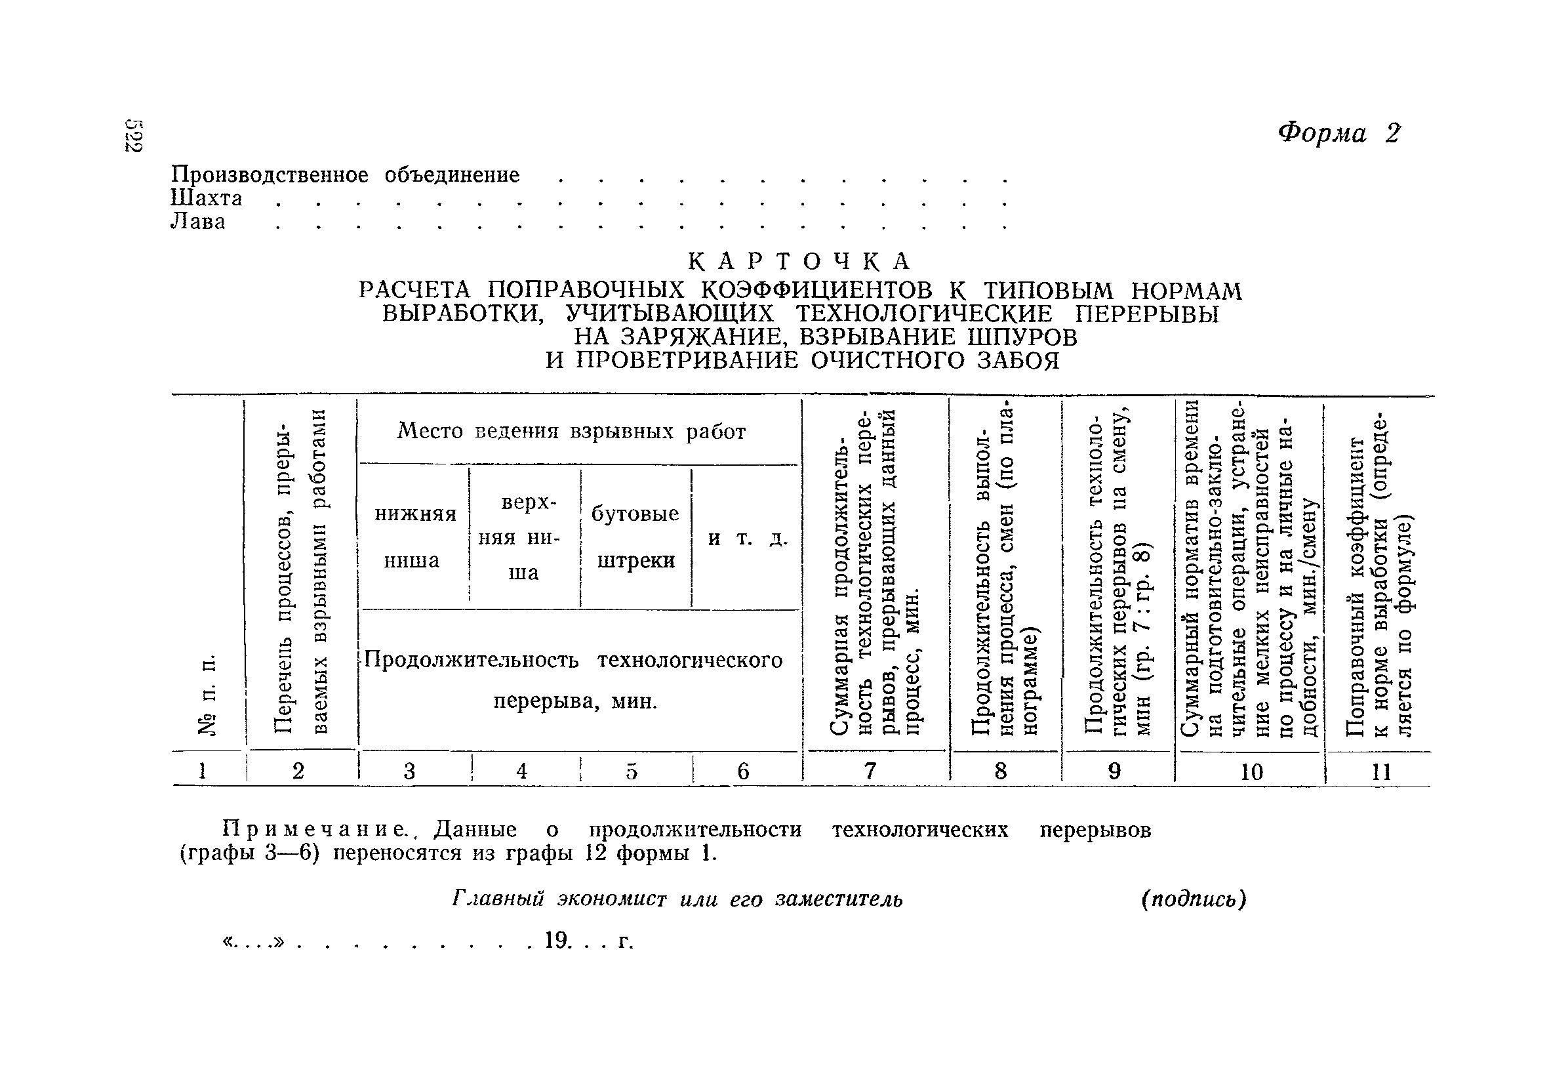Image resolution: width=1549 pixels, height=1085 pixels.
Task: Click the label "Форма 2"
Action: click(x=1338, y=133)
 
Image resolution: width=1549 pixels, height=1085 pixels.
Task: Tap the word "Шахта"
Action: click(x=206, y=198)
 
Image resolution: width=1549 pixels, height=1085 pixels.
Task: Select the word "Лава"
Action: click(x=197, y=222)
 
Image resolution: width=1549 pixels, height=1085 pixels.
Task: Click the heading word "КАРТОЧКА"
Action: click(x=799, y=260)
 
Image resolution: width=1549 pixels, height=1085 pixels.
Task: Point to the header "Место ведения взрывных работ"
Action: click(x=571, y=431)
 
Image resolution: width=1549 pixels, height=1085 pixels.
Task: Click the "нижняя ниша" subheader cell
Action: click(x=414, y=537)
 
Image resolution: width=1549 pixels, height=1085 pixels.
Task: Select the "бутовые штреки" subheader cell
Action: click(x=635, y=537)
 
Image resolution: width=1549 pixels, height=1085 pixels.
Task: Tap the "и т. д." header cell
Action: click(x=748, y=539)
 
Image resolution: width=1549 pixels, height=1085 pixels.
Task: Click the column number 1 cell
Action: click(x=202, y=770)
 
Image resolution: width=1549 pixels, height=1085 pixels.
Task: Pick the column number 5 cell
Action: click(x=632, y=771)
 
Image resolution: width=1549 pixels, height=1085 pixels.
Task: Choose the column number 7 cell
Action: click(x=870, y=771)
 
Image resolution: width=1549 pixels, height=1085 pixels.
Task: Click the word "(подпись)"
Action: click(x=1194, y=899)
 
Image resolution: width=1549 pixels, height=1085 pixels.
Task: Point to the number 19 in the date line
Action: click(x=557, y=940)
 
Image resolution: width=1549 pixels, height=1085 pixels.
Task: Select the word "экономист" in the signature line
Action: click(x=612, y=899)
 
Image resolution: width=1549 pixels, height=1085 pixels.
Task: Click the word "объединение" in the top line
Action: click(x=452, y=175)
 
